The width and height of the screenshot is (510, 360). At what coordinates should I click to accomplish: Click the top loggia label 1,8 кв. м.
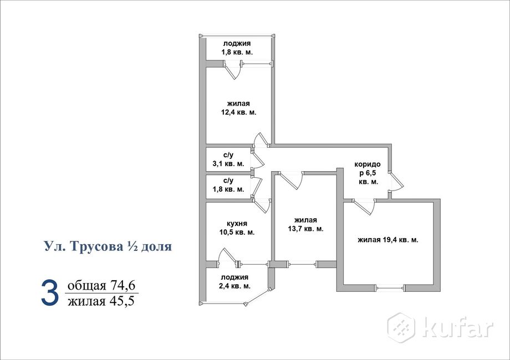[x=238, y=48]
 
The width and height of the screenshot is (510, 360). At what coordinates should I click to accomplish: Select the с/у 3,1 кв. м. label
[x=228, y=160]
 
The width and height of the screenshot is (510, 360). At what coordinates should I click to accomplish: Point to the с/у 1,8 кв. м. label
[x=228, y=185]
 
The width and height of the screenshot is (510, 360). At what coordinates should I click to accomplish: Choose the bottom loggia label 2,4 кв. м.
[x=236, y=282]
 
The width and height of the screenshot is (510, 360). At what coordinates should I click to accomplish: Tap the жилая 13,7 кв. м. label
[x=305, y=224]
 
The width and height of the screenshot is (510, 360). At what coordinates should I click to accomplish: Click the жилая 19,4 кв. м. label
[x=387, y=240]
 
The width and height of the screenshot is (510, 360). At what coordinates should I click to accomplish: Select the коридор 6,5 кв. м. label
[x=368, y=173]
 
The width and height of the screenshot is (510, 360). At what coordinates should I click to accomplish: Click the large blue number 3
[x=49, y=294]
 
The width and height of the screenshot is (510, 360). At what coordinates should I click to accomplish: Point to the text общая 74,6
[x=101, y=286]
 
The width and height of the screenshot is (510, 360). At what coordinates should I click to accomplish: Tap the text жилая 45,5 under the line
[x=101, y=301]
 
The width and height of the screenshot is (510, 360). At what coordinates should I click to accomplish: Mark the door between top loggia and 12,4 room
[x=233, y=71]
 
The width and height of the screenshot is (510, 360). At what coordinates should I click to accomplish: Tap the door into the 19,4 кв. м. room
[x=363, y=206]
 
